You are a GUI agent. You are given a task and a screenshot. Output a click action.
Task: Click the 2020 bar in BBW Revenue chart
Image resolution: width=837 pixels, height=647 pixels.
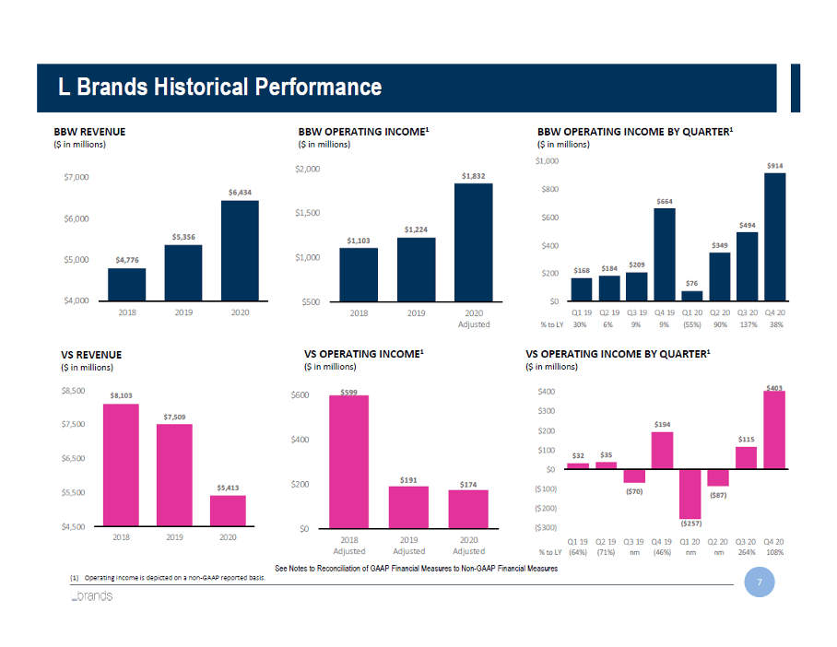coord(240,251)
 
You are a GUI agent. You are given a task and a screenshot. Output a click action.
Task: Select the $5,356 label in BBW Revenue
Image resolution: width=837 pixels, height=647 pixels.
coord(183,238)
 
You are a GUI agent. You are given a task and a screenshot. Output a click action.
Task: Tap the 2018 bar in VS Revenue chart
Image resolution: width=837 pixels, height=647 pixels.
coord(121,465)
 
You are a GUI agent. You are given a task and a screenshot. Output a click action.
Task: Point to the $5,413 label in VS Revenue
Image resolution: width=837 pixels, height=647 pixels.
coord(228,488)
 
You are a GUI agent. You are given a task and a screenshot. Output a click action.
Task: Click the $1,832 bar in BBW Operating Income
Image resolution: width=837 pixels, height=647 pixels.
coord(473,242)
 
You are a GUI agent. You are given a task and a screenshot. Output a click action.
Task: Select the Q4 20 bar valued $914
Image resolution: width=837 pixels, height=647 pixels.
coord(774,237)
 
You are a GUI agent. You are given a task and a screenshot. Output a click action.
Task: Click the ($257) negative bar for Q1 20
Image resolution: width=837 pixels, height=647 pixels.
coord(690,493)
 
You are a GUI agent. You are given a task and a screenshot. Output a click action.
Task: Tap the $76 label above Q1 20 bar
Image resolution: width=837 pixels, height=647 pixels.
coord(690,283)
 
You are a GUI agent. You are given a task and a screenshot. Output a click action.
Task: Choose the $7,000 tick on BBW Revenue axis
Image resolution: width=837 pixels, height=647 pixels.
coord(76,176)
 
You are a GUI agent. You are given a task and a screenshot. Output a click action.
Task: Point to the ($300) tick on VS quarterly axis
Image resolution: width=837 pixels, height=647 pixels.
coord(545,527)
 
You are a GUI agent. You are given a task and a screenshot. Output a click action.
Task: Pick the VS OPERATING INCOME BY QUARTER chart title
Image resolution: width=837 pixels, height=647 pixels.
coord(618,353)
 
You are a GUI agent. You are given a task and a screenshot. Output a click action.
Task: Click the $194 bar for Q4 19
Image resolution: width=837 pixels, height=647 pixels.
coord(662,451)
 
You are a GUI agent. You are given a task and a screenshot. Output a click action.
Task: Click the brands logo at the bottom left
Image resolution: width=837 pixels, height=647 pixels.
coord(92,596)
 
